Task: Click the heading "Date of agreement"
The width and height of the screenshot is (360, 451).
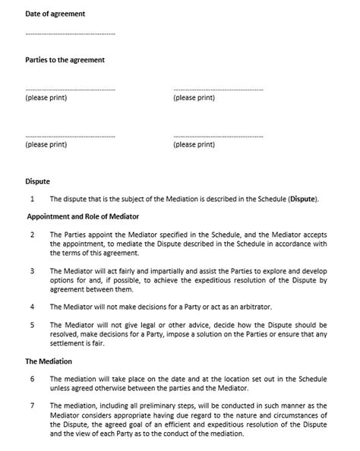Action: pos(55,14)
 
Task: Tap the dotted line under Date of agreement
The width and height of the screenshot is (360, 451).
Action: pos(70,34)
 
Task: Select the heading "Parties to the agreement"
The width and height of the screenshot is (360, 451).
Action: pos(65,59)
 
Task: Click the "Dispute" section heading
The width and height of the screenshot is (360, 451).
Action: pos(37,182)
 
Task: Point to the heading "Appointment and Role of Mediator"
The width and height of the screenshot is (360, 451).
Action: pos(84,216)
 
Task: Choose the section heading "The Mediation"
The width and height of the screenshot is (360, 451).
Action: pos(49,361)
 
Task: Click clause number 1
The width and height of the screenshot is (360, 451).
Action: pos(33,200)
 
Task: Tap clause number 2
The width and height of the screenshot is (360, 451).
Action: pos(33,234)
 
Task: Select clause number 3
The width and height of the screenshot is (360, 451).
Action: pos(33,270)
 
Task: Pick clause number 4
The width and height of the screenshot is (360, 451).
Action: pos(33,307)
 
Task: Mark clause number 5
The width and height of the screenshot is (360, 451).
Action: pos(33,325)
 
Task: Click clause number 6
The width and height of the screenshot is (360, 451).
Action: pos(33,378)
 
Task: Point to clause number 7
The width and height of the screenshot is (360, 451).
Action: pos(33,405)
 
